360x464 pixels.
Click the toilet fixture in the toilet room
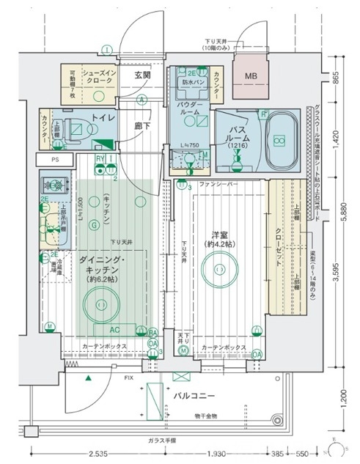click(74, 128)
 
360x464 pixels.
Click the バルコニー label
click(194, 397)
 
